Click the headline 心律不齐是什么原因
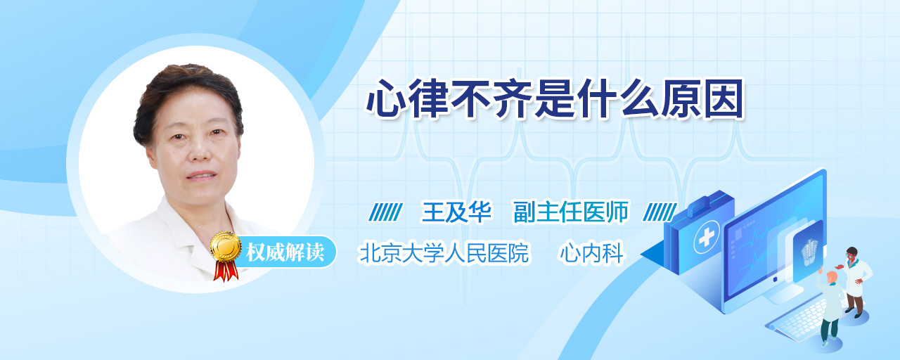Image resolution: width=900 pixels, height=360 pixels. click(555, 99)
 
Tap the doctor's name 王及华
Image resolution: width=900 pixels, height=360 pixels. click(456, 212)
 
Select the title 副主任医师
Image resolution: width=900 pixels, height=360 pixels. click(571, 212)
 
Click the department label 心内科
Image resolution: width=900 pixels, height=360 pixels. click(592, 252)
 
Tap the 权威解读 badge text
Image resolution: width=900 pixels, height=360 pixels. click(285, 252)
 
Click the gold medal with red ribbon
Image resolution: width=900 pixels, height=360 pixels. click(226, 255)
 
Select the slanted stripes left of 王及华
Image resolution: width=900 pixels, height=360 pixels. click(386, 212)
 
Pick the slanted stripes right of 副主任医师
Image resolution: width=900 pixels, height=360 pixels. click(660, 212)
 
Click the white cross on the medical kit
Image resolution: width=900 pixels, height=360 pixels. click(707, 238)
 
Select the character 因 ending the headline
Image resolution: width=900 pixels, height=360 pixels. click(724, 99)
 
